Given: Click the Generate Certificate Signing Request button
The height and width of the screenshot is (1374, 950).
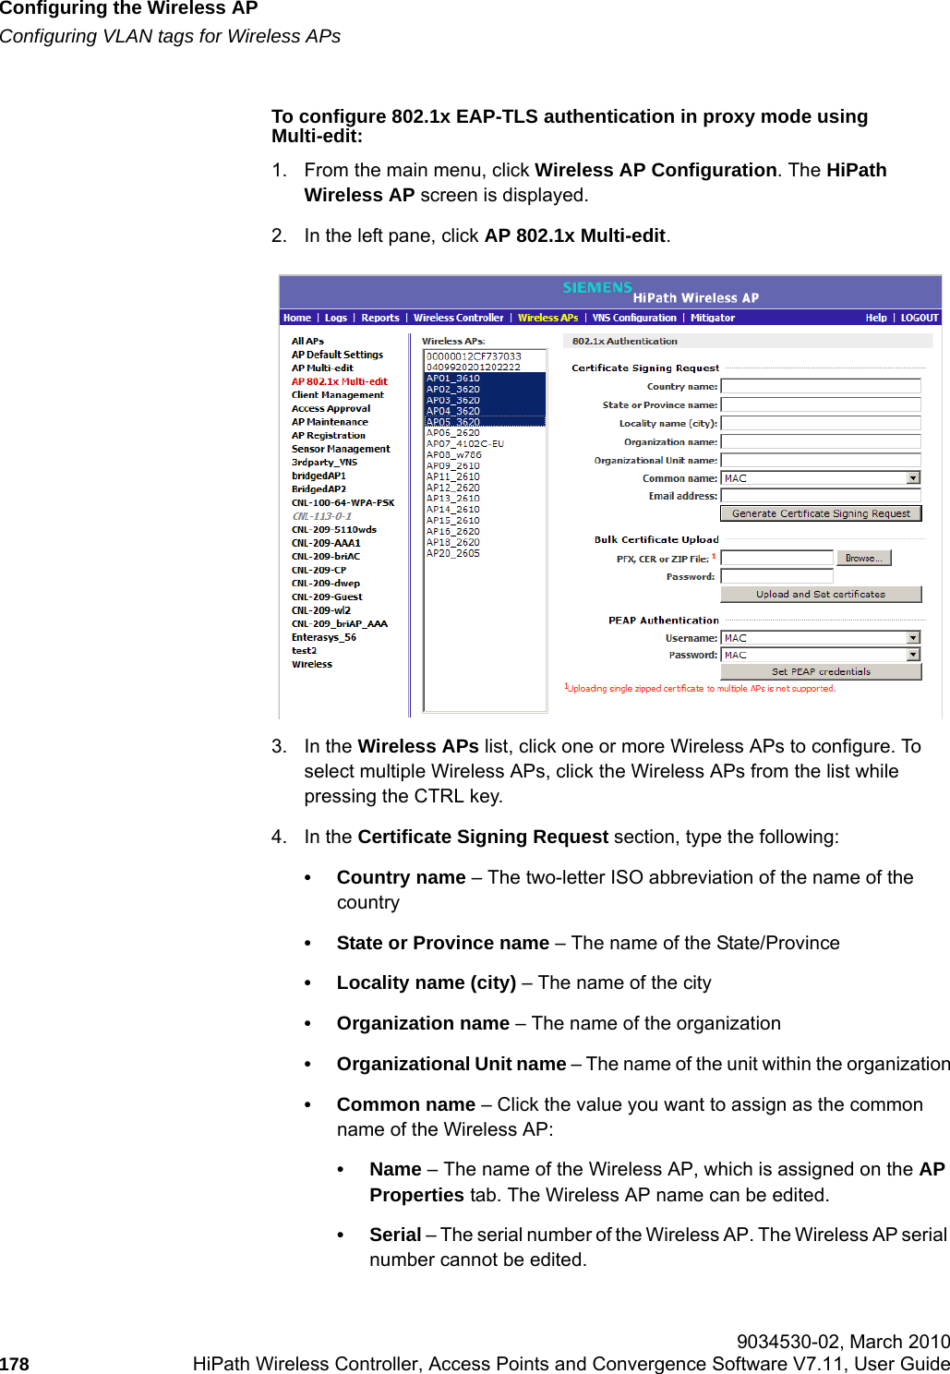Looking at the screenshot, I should pos(820,513).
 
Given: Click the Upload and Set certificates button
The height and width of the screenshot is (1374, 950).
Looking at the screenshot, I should pos(820,595).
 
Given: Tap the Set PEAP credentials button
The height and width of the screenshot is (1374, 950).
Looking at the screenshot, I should pos(820,672).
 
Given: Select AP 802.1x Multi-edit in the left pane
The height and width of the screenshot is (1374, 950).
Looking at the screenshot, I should pos(339,381).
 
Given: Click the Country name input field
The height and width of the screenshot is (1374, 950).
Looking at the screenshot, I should pos(820,386).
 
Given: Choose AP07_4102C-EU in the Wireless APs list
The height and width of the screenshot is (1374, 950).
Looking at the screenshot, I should pos(464,443).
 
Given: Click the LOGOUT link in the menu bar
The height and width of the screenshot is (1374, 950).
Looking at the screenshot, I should pos(919,318).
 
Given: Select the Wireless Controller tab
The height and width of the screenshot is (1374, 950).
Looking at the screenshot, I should pos(458,318).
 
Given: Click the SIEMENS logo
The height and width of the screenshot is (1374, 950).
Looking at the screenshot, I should pos(597,288).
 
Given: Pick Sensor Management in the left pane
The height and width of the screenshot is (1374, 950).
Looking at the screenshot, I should pos(341,449).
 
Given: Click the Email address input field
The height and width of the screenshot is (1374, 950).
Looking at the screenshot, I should pos(820,496).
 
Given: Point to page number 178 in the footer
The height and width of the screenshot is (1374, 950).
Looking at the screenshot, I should pos(15,1364).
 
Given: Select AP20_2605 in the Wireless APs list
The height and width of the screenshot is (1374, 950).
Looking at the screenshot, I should pos(452,553).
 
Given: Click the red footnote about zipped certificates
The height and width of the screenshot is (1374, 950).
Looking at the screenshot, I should pos(700,689).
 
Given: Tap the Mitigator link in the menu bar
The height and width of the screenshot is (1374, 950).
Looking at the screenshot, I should pos(713,318).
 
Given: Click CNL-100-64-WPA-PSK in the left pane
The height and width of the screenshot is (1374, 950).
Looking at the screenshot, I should pos(343,503).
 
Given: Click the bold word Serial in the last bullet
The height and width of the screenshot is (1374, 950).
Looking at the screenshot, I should pos(395,1235).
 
